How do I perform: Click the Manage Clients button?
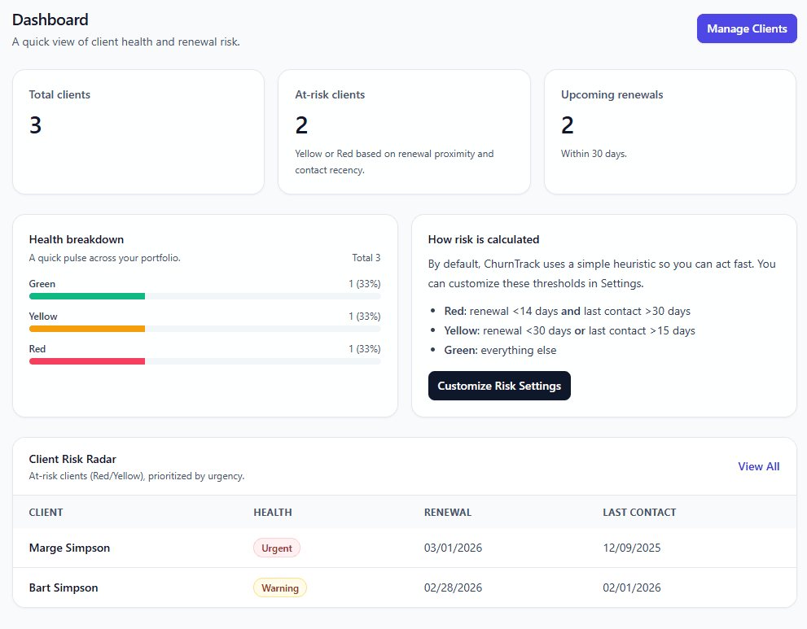[x=747, y=28]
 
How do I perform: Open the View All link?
[x=758, y=466]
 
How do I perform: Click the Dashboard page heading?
[x=50, y=20]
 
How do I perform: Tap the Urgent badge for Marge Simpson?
[x=277, y=548]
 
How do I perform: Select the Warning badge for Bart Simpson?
[x=280, y=588]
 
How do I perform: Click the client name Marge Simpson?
[x=69, y=548]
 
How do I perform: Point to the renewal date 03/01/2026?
[x=453, y=548]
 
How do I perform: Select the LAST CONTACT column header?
[x=639, y=513]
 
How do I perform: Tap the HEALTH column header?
[x=273, y=513]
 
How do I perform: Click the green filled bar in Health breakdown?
[x=87, y=296]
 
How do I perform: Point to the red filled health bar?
[x=87, y=360]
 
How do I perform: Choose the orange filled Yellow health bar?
[x=87, y=329]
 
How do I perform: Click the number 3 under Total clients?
[x=36, y=125]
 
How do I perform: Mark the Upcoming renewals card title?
[x=612, y=95]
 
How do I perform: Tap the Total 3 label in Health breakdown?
[x=366, y=258]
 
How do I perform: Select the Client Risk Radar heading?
[x=72, y=460]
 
